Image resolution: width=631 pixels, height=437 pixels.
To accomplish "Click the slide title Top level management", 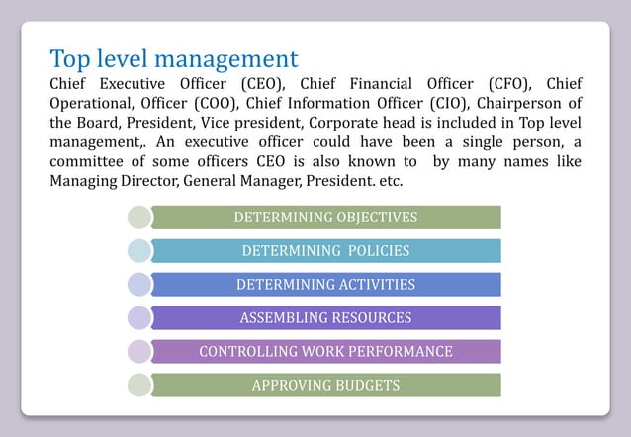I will pyautogui.click(x=174, y=58).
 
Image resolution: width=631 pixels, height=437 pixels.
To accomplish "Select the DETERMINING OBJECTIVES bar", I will pyautogui.click(x=325, y=218).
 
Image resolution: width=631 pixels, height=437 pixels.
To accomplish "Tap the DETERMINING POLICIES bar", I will pyautogui.click(x=325, y=251).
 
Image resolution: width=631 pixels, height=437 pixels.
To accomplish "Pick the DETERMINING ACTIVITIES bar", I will pyautogui.click(x=325, y=285).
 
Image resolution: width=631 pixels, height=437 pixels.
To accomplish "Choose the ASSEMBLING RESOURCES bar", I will pyautogui.click(x=325, y=318).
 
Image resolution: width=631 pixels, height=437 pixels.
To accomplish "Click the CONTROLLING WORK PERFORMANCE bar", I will pyautogui.click(x=325, y=352).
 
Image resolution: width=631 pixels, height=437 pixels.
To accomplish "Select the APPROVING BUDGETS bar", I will pyautogui.click(x=325, y=386).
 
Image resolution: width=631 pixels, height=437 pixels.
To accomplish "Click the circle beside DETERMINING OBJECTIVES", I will pyautogui.click(x=139, y=218).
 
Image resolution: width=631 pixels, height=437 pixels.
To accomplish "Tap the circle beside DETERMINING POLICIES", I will pyautogui.click(x=139, y=251).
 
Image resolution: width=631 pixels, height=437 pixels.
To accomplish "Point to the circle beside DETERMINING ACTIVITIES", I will pyautogui.click(x=139, y=285).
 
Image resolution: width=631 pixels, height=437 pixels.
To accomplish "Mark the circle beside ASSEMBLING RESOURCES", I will pyautogui.click(x=139, y=318).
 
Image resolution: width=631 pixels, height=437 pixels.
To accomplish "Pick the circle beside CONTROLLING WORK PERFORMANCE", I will pyautogui.click(x=139, y=352).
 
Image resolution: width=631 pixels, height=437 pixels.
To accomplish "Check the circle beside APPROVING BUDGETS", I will pyautogui.click(x=139, y=386).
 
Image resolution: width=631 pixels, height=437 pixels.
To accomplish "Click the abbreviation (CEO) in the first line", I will pyautogui.click(x=262, y=83).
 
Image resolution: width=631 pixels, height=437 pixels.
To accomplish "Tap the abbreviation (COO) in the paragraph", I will pyautogui.click(x=214, y=104).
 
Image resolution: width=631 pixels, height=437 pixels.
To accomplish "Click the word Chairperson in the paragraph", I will pyautogui.click(x=521, y=104).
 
